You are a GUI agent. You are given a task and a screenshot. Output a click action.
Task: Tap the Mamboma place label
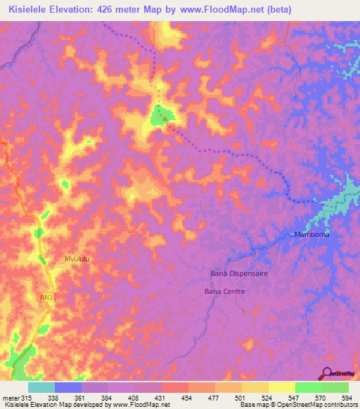311,235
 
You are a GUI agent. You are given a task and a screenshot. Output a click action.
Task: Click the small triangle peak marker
166,118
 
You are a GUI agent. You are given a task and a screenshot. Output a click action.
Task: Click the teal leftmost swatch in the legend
41,387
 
